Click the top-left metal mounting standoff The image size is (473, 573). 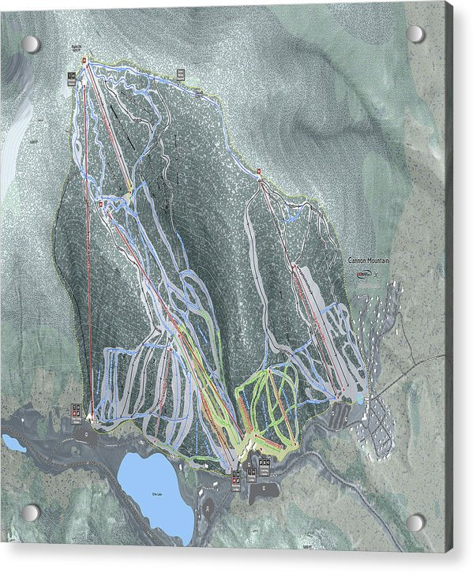click(30, 43)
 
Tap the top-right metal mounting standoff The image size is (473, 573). click(415, 34)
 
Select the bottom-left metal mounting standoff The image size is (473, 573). click(30, 513)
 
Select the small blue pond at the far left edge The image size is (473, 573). click(13, 443)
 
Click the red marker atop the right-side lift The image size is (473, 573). click(258, 170)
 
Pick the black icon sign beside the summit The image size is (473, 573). click(71, 77)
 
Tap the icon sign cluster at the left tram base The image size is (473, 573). click(77, 410)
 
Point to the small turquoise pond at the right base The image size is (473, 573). click(359, 399)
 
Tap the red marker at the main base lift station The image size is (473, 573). click(234, 473)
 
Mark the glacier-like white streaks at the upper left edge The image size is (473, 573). click(13, 158)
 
